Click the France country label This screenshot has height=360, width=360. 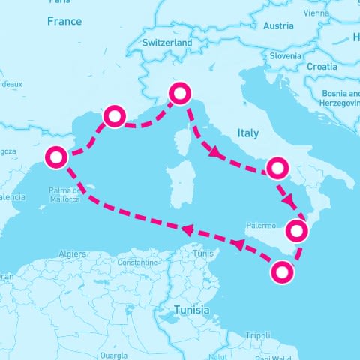tap(64, 22)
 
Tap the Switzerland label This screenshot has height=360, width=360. tap(167, 43)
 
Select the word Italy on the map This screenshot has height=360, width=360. tap(247, 133)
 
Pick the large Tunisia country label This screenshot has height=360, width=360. tap(191, 310)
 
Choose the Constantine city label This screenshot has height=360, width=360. tap(137, 263)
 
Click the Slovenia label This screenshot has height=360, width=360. tap(286, 55)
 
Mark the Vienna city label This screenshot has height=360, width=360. tap(316, 13)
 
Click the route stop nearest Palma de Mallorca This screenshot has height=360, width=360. tap(57, 158)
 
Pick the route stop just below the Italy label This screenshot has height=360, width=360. tap(277, 167)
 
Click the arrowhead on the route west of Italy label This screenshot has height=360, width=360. tap(214, 154)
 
